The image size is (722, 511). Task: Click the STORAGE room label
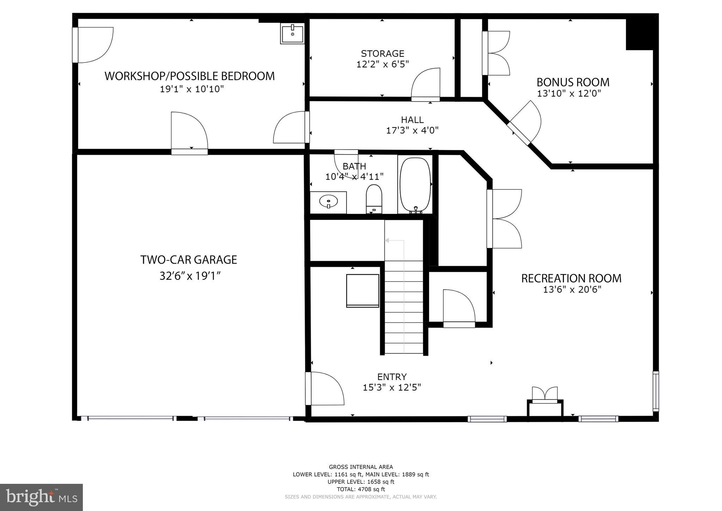pyautogui.click(x=383, y=54)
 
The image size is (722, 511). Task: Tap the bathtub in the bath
pyautogui.click(x=415, y=185)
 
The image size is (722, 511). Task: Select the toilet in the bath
pyautogui.click(x=374, y=199)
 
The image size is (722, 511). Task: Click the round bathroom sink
pyautogui.click(x=328, y=202)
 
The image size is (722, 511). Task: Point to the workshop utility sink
pyautogui.click(x=292, y=34)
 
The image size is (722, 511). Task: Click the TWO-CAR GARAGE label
pyautogui.click(x=189, y=260)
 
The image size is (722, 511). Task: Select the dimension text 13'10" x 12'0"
pyautogui.click(x=569, y=94)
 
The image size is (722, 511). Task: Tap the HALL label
pyautogui.click(x=412, y=120)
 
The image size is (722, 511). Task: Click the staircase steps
pyautogui.click(x=404, y=307)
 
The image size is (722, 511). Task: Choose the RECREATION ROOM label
pyautogui.click(x=571, y=278)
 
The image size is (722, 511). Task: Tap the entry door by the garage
pyautogui.click(x=324, y=388)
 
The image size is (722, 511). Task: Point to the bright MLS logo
pyautogui.click(x=42, y=497)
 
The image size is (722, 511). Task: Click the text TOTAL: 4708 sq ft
pyautogui.click(x=361, y=489)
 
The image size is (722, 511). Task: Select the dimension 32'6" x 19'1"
pyautogui.click(x=190, y=276)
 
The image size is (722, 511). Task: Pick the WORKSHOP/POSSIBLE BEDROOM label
pyautogui.click(x=190, y=76)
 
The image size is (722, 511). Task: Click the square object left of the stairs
pyautogui.click(x=362, y=290)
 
